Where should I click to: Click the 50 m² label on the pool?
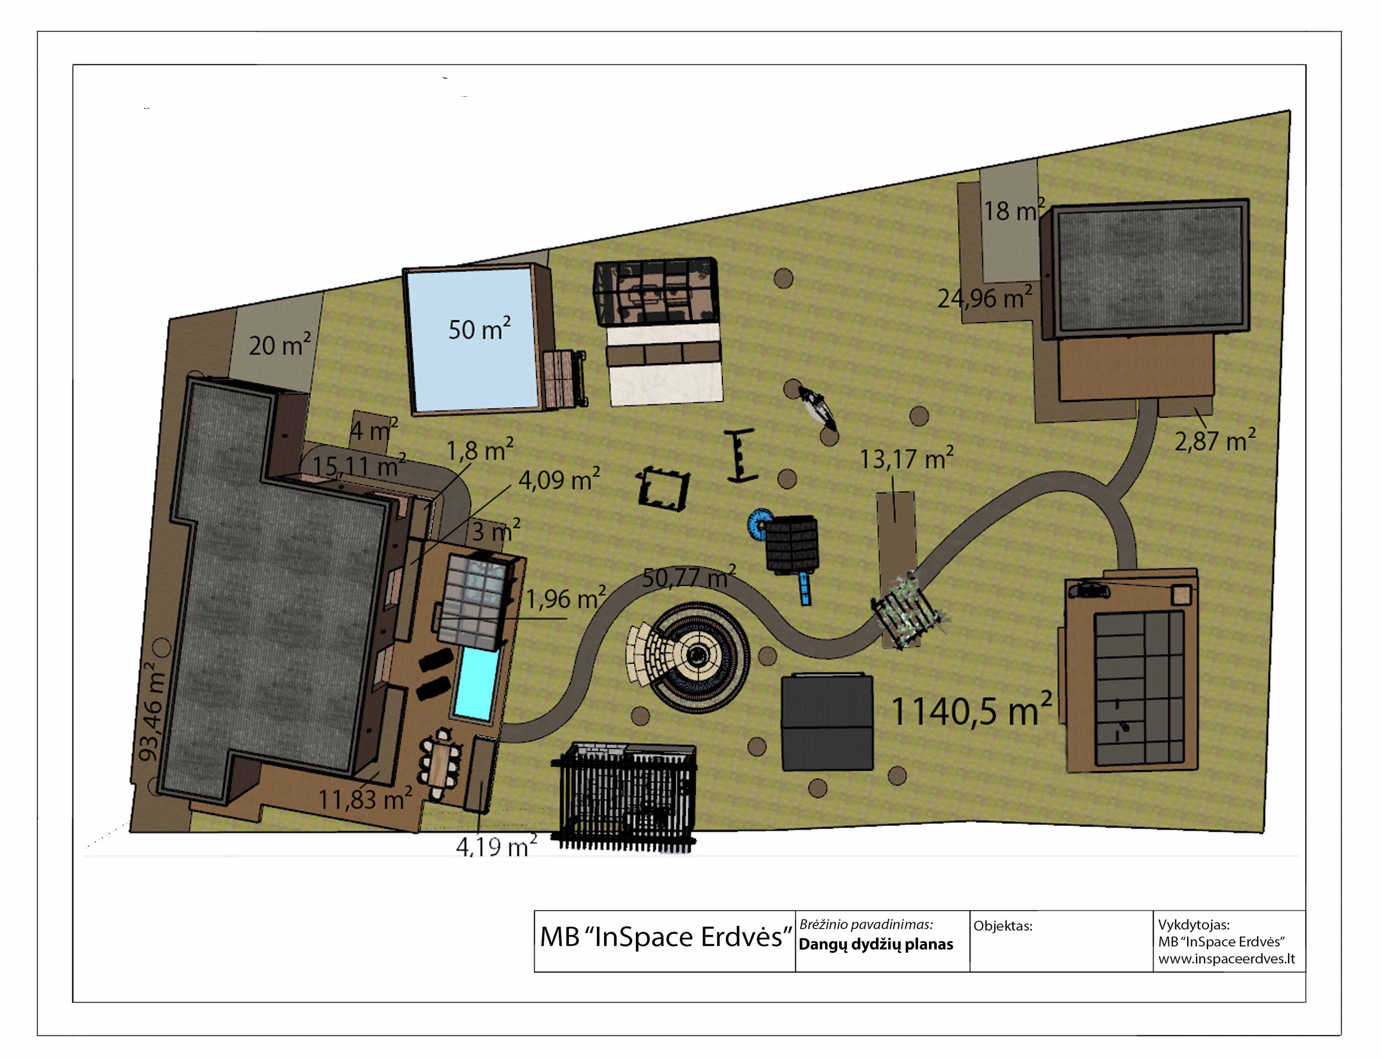(x=479, y=329)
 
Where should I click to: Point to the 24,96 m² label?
(x=985, y=297)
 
